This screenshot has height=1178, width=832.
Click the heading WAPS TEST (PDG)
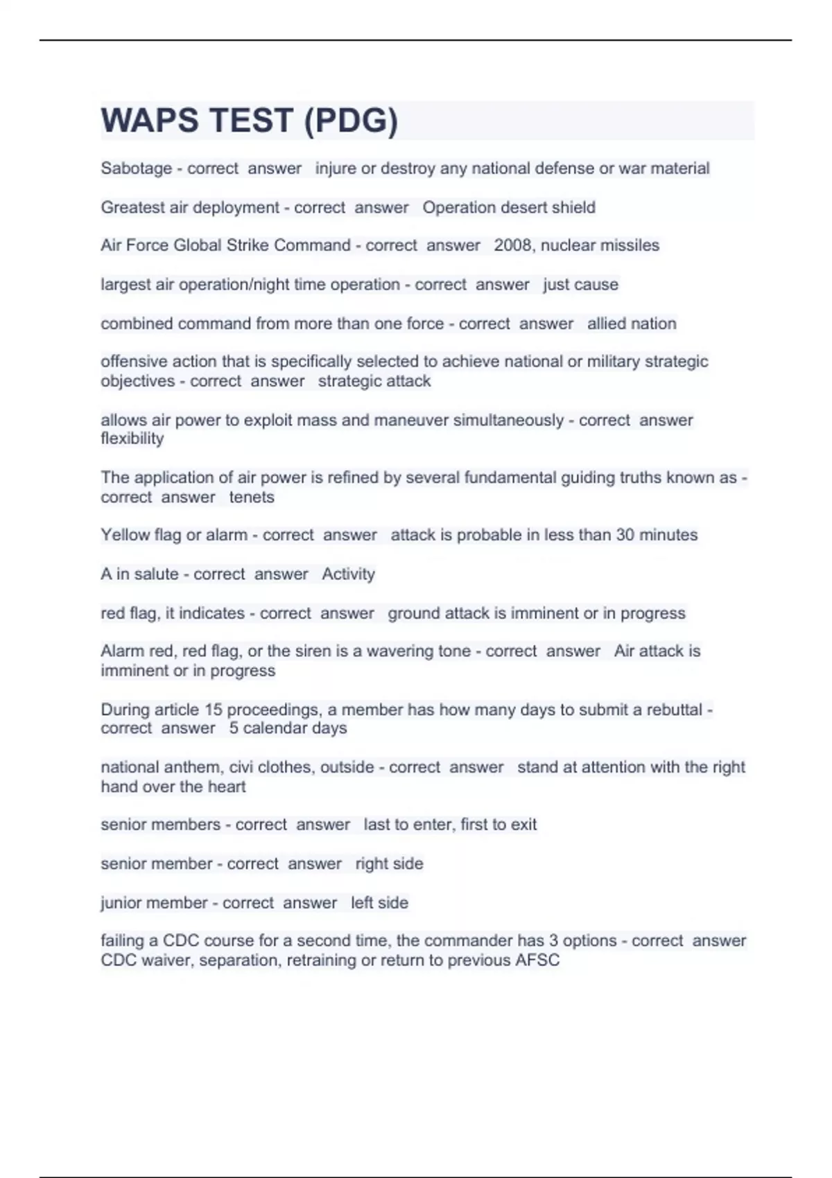click(x=250, y=121)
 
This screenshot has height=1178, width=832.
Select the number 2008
click(x=512, y=245)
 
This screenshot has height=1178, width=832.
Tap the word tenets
click(x=252, y=497)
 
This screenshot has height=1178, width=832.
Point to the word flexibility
click(x=132, y=439)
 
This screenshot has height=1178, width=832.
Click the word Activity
click(x=348, y=574)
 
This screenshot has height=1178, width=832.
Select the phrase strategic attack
click(x=374, y=381)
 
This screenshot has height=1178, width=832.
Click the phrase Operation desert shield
click(x=509, y=207)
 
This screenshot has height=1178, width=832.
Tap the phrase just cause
click(x=580, y=285)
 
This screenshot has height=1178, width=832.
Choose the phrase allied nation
click(x=632, y=324)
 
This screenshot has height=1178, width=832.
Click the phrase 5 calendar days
click(x=288, y=728)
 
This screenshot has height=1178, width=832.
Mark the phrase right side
click(x=389, y=863)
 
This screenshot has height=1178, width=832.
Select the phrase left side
click(x=379, y=903)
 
